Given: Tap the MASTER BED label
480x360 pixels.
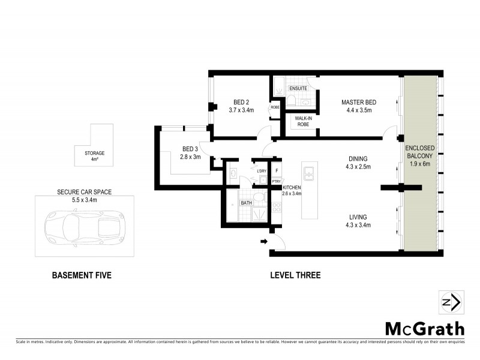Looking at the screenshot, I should pyautogui.click(x=358, y=102).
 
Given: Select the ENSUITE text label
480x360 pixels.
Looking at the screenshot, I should pyautogui.click(x=298, y=89).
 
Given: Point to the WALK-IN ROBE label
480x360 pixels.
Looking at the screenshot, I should pyautogui.click(x=303, y=121).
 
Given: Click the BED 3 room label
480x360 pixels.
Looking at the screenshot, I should pyautogui.click(x=190, y=149).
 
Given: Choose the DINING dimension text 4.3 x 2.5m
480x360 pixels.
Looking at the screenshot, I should pyautogui.click(x=358, y=167).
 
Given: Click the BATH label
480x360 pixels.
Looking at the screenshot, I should pyautogui.click(x=246, y=203).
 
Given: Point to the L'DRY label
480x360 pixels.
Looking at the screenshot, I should pyautogui.click(x=261, y=172).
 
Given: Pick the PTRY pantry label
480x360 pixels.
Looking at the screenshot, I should pyautogui.click(x=277, y=181).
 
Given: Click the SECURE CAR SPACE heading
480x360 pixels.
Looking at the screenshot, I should pyautogui.click(x=84, y=192).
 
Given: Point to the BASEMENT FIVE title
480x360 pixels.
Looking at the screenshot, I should pyautogui.click(x=82, y=275).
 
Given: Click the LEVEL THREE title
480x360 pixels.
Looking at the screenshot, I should pyautogui.click(x=295, y=275).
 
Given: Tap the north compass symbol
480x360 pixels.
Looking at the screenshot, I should pyautogui.click(x=450, y=302).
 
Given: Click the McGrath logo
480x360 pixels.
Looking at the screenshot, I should pyautogui.click(x=424, y=328).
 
